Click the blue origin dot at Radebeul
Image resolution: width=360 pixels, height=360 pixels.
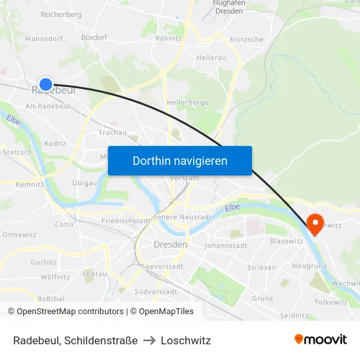coord(45,84)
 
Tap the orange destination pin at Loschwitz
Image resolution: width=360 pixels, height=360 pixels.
coord(315,223)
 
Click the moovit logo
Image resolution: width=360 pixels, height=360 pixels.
coord(320,340)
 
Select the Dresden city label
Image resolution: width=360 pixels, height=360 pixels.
coord(170,244)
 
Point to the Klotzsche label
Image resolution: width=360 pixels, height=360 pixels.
coord(247,39)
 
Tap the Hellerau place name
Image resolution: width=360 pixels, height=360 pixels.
coord(211,58)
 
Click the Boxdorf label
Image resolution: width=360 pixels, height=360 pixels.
coord(94,37)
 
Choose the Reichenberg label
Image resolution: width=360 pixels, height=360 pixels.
coord(61,14)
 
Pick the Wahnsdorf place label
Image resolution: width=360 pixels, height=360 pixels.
coord(43,39)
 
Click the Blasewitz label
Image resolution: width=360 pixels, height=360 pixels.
coord(286,241)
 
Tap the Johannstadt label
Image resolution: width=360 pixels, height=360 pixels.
coord(226,246)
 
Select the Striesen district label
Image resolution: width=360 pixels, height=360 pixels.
coord(262,268)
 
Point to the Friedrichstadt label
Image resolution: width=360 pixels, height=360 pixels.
coord(126,221)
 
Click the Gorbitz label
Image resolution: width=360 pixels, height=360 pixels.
coord(44,262)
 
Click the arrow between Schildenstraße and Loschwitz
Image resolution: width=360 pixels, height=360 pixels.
coord(149,340)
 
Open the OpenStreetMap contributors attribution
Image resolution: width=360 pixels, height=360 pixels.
coord(70,312)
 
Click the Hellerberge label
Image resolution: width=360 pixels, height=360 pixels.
coord(187,103)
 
